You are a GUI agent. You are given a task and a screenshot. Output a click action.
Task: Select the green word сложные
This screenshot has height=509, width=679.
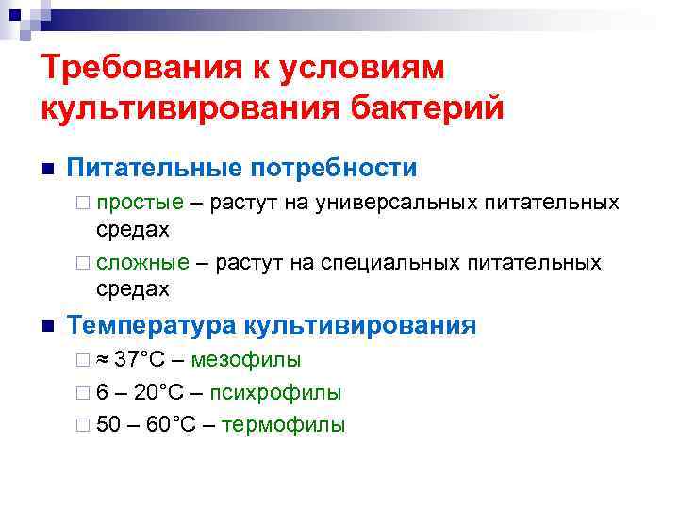point(142,262)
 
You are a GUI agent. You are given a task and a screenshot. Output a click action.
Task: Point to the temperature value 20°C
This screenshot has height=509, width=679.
point(167,392)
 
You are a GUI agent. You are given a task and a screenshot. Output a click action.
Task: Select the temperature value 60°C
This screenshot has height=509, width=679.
point(171,424)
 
